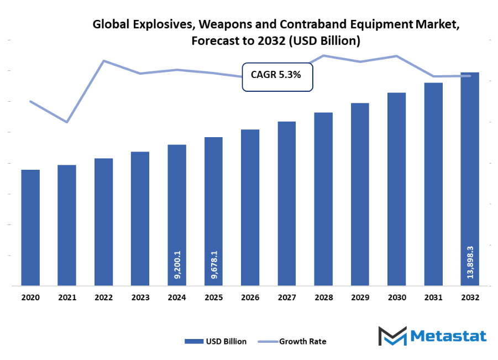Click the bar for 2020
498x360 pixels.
(30, 228)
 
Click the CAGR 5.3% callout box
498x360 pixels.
(277, 75)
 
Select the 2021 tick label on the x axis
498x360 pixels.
(67, 298)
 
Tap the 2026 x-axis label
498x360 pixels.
(250, 298)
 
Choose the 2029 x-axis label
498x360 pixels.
(360, 298)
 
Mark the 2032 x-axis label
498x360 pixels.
(470, 298)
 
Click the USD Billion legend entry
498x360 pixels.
(216, 341)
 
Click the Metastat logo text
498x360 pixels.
(449, 336)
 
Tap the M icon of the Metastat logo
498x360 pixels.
(392, 336)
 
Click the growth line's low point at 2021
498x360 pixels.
(67, 122)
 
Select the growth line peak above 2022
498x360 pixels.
(103, 61)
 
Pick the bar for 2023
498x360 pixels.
(140, 218)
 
